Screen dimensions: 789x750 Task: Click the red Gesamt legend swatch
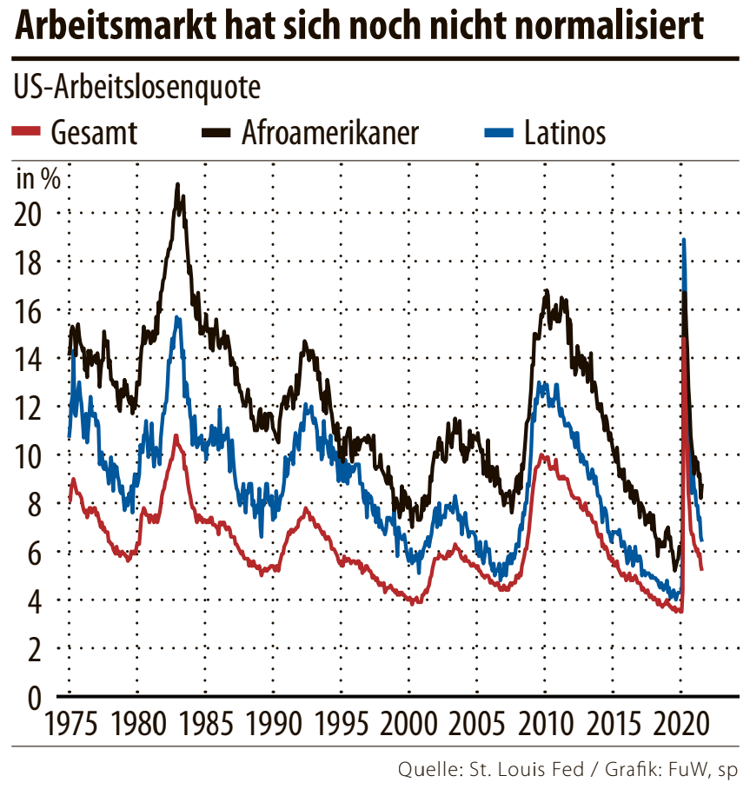tap(27, 132)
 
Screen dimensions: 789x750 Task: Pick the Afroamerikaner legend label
tap(331, 133)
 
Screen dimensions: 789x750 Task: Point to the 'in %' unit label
tap(38, 179)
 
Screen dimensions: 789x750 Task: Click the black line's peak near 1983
tap(177, 185)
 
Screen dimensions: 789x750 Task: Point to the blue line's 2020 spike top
tap(684, 240)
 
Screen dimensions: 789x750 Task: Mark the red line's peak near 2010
tap(543, 454)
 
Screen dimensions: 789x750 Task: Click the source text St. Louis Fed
tap(520, 769)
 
